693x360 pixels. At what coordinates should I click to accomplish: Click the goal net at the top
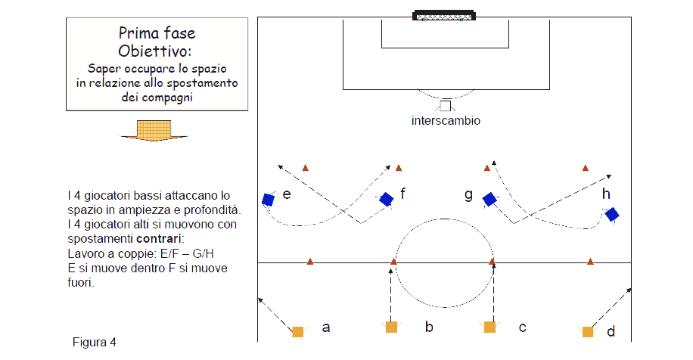[444, 16]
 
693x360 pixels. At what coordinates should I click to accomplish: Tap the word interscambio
[446, 120]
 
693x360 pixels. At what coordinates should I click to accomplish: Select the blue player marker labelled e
[269, 200]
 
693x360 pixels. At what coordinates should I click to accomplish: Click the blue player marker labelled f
[387, 199]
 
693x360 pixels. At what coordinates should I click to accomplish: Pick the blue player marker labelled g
[489, 199]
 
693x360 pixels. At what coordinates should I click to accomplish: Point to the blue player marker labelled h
[612, 215]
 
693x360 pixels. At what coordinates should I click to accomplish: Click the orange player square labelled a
[298, 332]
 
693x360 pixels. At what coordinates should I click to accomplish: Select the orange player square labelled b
[391, 327]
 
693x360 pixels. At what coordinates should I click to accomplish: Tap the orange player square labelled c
[489, 327]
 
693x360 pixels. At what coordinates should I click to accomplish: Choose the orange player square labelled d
[588, 332]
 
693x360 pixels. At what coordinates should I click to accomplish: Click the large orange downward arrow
[154, 130]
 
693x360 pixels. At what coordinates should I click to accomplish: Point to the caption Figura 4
[94, 343]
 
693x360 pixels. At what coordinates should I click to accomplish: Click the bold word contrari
[159, 239]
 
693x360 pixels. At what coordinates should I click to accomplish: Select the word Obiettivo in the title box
[154, 51]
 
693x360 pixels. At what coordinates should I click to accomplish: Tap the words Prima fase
[157, 33]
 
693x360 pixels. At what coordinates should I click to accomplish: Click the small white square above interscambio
[446, 106]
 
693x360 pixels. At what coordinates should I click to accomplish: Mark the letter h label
[606, 194]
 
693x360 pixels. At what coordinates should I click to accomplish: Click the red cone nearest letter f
[399, 168]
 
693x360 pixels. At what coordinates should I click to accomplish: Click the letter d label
[611, 331]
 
